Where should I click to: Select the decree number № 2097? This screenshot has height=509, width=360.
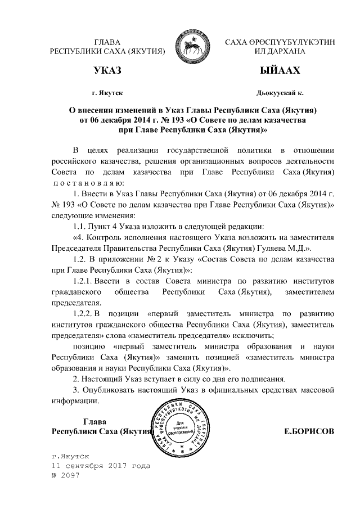[66, 476]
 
